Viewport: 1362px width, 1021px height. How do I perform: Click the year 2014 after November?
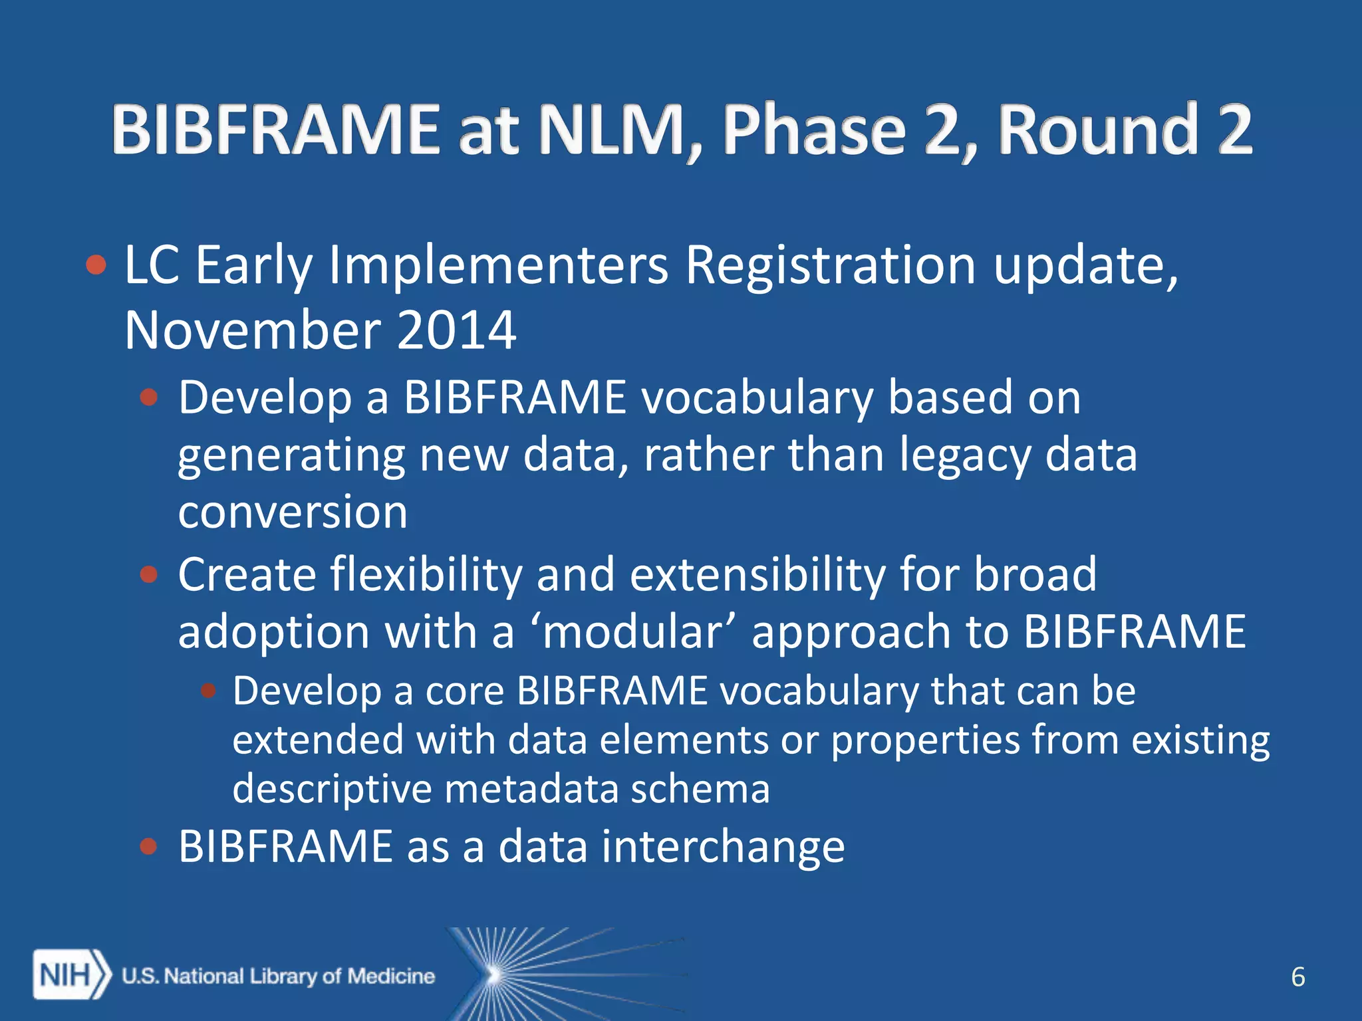point(456,330)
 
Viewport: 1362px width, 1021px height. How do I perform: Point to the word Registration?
point(831,265)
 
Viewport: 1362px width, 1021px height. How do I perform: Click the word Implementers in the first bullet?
point(499,265)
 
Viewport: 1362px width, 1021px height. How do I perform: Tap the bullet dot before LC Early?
point(96,265)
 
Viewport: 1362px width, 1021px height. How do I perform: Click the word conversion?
point(293,512)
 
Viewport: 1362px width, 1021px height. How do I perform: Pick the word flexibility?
point(426,574)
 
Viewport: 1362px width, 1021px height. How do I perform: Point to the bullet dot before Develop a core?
point(209,691)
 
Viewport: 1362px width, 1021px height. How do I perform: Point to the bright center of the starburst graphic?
point(493,975)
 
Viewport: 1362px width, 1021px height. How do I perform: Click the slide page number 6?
point(1297,977)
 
